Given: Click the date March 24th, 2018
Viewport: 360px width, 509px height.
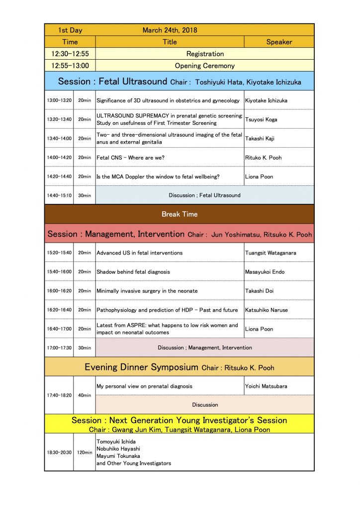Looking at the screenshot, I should point(170,30).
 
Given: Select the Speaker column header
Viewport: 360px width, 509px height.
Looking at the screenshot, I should point(279,42).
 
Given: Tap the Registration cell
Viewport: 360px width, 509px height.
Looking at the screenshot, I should point(205,54).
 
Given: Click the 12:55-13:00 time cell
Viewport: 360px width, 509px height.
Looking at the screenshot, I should point(70,66).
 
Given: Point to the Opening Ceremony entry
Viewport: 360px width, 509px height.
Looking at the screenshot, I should point(205,66).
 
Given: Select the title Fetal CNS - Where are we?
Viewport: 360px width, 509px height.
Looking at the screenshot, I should point(130,158).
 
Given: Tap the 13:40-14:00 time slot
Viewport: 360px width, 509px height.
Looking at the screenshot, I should point(59,139).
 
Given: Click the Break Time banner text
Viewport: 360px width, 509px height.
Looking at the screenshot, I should point(180,214).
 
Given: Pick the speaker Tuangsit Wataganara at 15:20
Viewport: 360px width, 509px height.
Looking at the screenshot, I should point(270,253).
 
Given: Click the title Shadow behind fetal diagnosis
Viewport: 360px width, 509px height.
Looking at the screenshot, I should point(133,272).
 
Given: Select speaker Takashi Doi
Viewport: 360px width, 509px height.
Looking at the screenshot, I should point(259,291).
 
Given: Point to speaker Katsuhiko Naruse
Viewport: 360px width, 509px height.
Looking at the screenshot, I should point(267,310).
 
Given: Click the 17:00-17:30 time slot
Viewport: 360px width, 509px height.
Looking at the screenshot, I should point(59,348).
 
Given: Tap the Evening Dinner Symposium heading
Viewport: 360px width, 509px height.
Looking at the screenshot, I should point(142,367).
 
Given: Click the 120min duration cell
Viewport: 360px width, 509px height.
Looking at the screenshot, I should point(84,453).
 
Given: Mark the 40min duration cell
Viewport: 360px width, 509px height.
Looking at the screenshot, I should point(84,396).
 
